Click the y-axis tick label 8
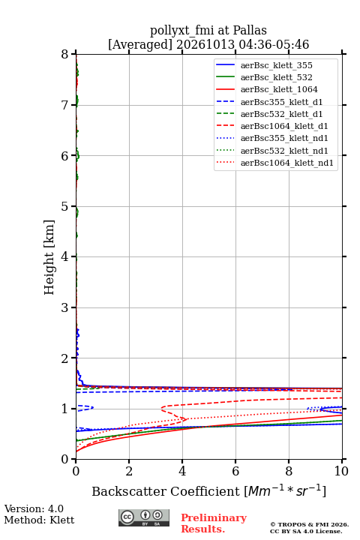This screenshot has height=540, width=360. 65,54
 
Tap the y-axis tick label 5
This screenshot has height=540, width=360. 65,206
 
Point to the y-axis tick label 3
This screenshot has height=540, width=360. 65,307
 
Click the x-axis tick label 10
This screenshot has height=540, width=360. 341,471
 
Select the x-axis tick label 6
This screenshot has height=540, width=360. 235,471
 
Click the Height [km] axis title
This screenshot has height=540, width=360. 49,257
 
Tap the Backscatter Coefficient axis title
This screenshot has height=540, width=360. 208,490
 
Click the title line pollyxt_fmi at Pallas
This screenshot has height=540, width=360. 208,30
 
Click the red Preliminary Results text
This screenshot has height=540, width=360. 214,523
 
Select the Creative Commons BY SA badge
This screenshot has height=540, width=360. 144,517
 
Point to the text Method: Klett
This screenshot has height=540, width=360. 39,520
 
